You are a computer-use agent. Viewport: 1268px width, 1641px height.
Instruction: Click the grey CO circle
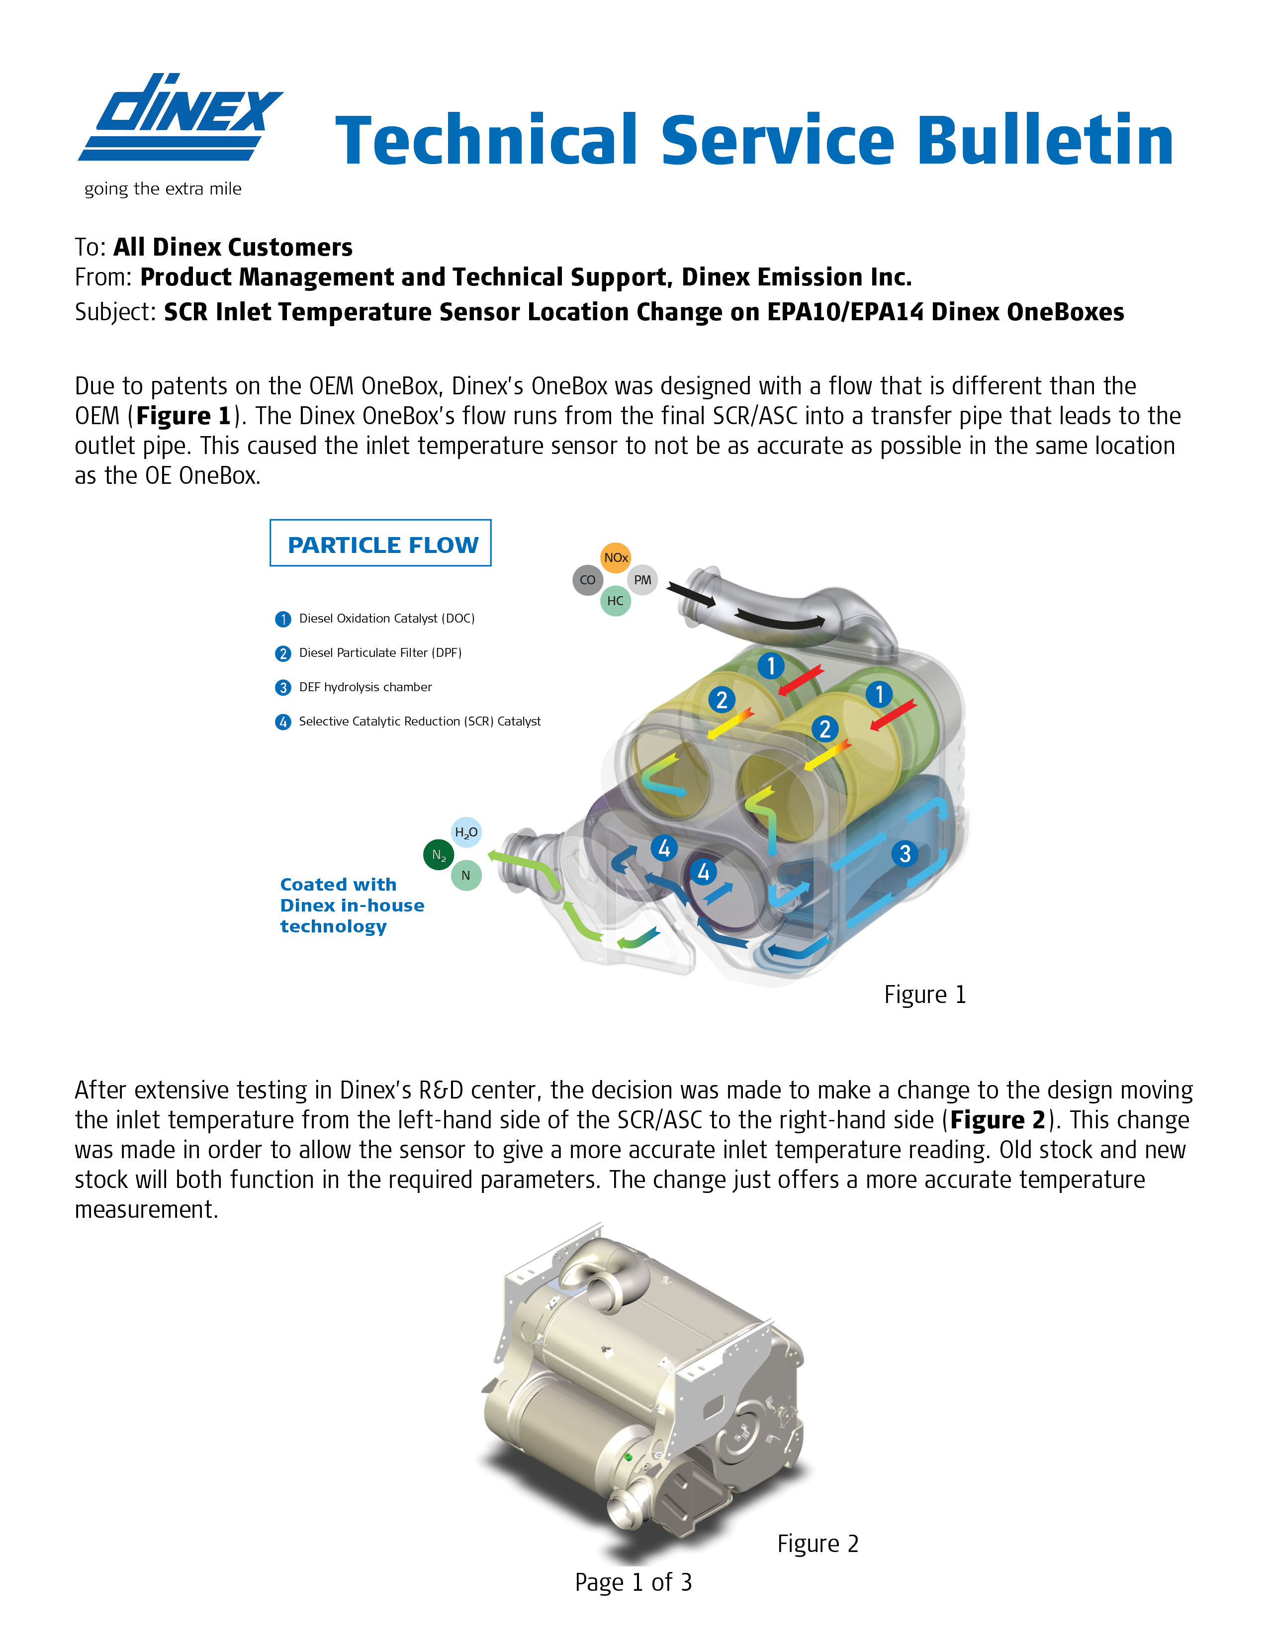587,580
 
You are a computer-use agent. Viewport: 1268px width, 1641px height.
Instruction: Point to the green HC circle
615,601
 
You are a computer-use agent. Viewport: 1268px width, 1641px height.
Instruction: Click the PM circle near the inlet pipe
642,580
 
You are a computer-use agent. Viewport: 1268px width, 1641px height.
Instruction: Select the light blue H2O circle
466,832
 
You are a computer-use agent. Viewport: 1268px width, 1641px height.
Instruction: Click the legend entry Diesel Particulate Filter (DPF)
379,653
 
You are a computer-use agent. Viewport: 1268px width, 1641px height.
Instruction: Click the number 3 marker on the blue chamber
905,853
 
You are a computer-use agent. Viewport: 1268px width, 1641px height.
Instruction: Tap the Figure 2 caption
817,1544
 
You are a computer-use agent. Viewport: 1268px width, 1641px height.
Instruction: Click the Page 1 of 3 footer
633,1582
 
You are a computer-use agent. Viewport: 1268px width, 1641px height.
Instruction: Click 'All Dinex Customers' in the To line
233,247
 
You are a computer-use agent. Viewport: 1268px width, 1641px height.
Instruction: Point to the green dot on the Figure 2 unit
629,1458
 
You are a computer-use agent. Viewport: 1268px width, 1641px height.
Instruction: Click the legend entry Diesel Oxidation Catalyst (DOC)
386,619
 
